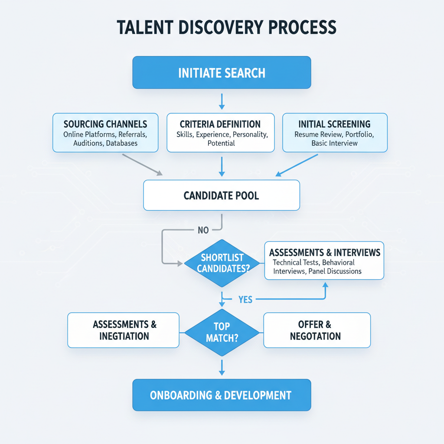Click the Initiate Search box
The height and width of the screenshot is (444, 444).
tap(222, 72)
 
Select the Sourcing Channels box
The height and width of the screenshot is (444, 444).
tap(105, 133)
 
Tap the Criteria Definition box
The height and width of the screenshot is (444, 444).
tap(221, 133)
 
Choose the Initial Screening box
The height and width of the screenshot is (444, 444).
tap(335, 133)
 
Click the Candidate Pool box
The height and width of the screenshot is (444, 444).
tap(222, 195)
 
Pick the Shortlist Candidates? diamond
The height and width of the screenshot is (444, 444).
tap(222, 263)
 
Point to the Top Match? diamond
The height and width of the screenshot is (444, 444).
tap(222, 332)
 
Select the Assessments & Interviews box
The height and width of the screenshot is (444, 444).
tap(324, 260)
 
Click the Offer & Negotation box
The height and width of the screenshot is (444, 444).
tap(317, 330)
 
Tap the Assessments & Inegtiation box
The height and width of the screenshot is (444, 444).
tap(124, 330)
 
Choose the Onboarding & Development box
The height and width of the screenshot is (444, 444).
tap(222, 395)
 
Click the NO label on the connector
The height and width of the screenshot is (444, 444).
tap(203, 230)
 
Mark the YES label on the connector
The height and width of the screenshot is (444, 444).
tap(245, 300)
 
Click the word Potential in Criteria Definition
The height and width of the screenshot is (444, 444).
tap(221, 143)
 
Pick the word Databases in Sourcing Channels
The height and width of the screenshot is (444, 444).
tap(122, 143)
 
